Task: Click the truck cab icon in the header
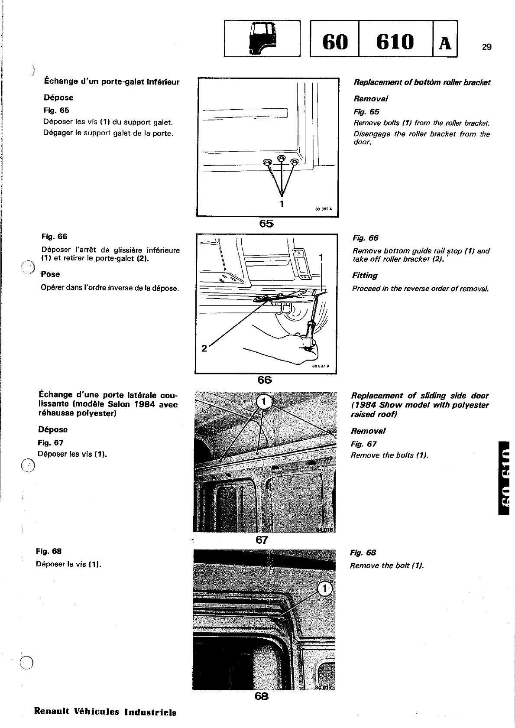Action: [x=262, y=39]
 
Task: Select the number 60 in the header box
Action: [x=335, y=42]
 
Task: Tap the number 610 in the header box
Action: [x=395, y=42]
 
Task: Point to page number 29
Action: [x=486, y=47]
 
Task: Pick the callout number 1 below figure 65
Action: [x=282, y=203]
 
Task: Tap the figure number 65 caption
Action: [x=266, y=224]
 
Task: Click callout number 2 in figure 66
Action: [x=204, y=348]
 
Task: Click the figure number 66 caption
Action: [x=264, y=380]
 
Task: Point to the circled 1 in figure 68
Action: [x=325, y=589]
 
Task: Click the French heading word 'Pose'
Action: [x=51, y=274]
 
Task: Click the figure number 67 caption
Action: [x=262, y=540]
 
